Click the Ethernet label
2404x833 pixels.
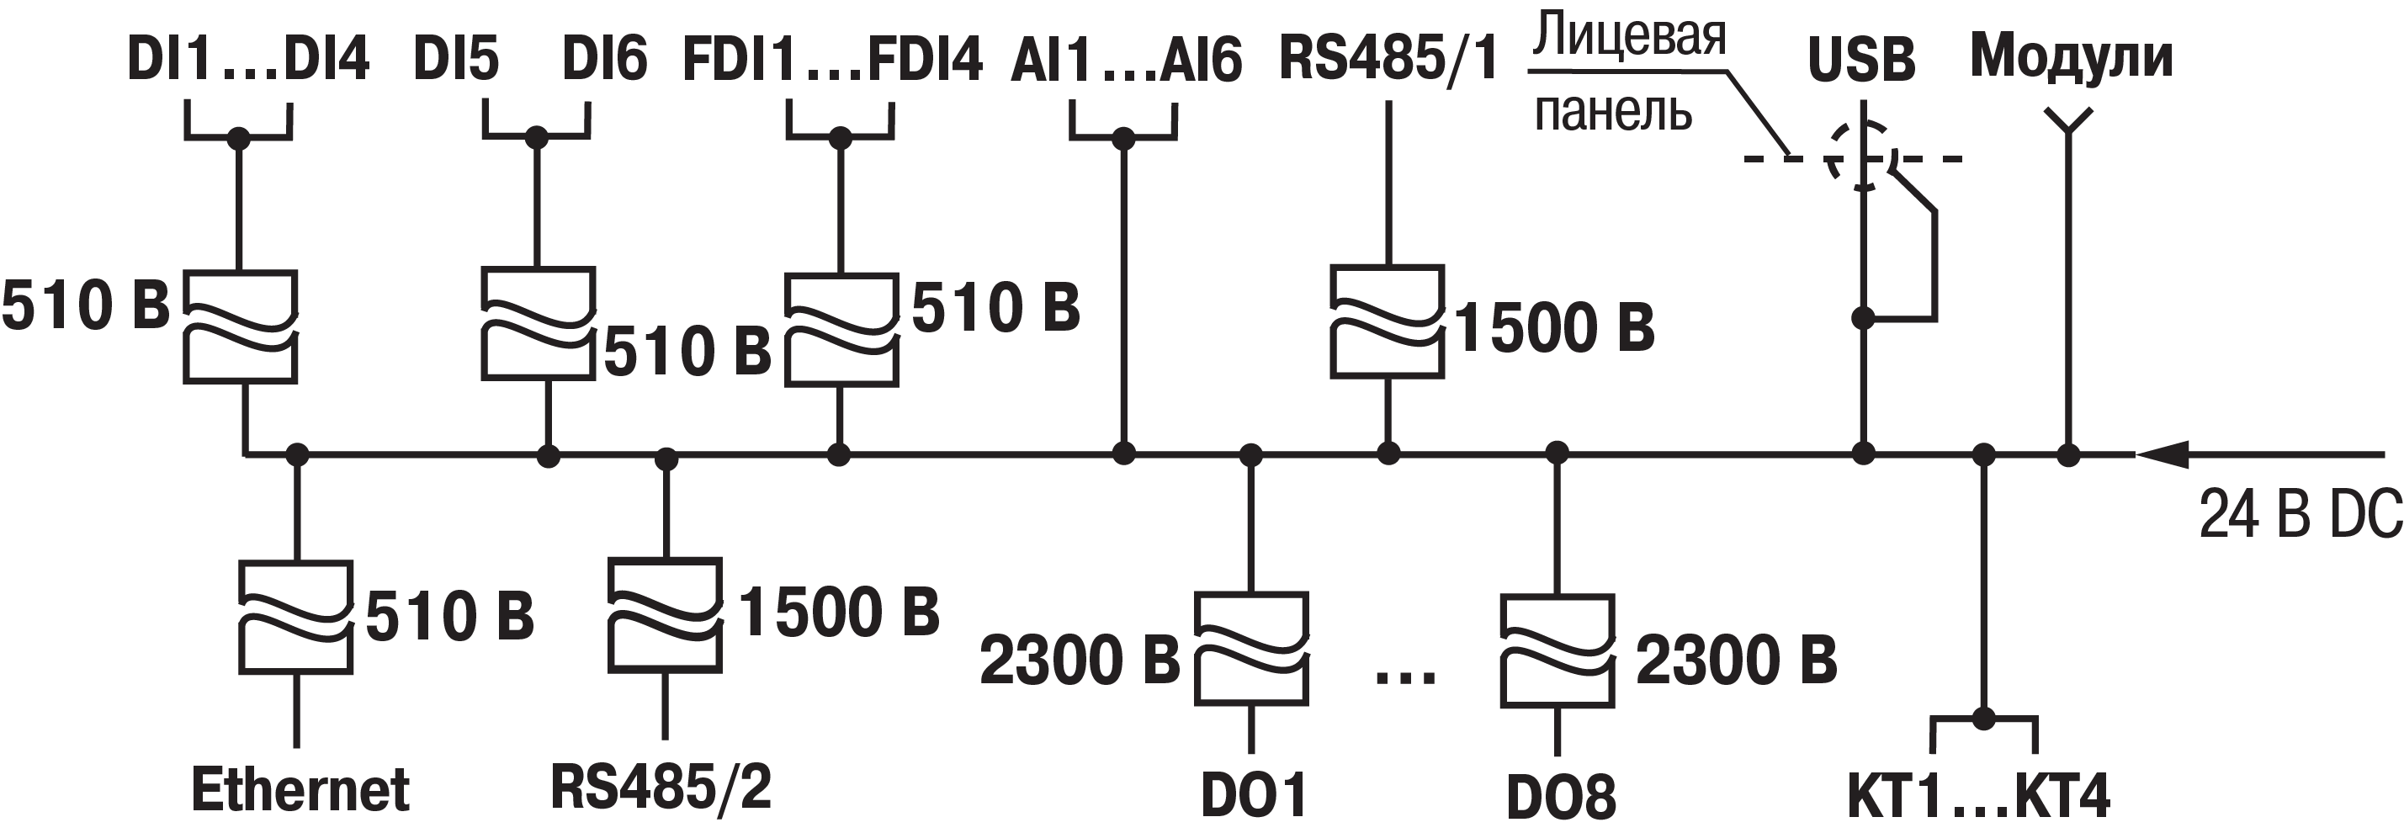pyautogui.click(x=300, y=791)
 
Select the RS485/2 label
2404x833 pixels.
pyautogui.click(x=661, y=787)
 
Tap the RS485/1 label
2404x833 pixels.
pyautogui.click(x=1388, y=58)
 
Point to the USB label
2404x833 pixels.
pyautogui.click(x=1861, y=60)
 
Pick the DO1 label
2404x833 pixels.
pyautogui.click(x=1253, y=796)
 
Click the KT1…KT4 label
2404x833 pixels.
pyautogui.click(x=1977, y=796)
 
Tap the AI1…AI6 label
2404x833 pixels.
pyautogui.click(x=1126, y=61)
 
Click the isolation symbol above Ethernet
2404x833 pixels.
pyautogui.click(x=297, y=617)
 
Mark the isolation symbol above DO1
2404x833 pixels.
pyautogui.click(x=1251, y=648)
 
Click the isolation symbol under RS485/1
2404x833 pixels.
pyautogui.click(x=1387, y=321)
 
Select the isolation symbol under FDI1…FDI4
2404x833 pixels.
pyautogui.click(x=841, y=329)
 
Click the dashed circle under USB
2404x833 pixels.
pyautogui.click(x=1862, y=156)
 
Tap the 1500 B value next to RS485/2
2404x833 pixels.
pyautogui.click(x=838, y=613)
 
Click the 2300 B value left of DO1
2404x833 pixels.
pyautogui.click(x=1080, y=661)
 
